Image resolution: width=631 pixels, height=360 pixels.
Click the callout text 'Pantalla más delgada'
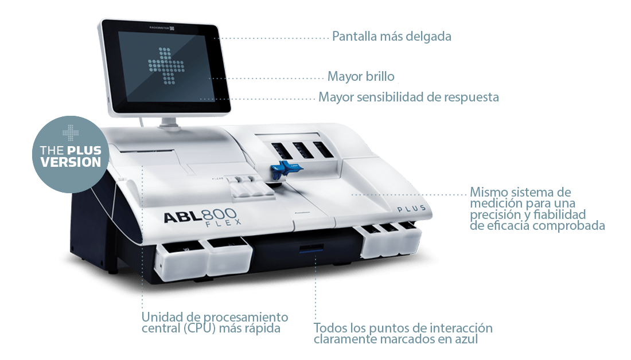(392, 37)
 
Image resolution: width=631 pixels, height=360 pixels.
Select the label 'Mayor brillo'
(361, 77)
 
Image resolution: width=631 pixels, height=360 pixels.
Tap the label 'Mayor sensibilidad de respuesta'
(408, 97)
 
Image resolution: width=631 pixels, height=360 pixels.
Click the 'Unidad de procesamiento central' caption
(215, 323)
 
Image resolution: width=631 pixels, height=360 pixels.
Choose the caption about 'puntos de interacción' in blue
(403, 334)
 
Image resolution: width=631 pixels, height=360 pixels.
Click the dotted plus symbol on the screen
(169, 65)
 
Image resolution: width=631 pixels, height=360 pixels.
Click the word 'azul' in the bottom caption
(465, 339)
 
